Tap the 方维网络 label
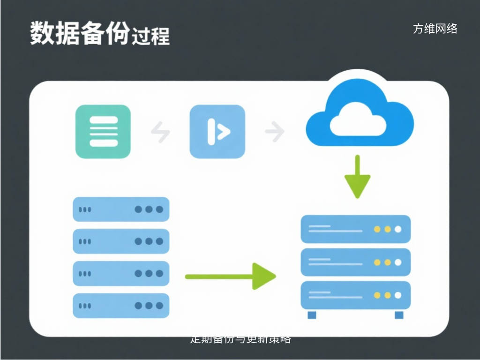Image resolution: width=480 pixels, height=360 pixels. [435, 29]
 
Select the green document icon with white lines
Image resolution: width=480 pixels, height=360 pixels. [103, 131]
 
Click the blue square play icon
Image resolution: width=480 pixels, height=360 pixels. [217, 131]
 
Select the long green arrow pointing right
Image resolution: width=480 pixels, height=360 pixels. [230, 276]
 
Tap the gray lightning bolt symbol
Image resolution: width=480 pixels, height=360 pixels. [160, 132]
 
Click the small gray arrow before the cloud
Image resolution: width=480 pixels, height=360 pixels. [275, 132]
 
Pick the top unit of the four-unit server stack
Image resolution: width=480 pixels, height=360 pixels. [121, 210]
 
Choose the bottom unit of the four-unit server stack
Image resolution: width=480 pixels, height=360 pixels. [121, 306]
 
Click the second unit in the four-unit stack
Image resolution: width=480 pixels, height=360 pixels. [121, 241]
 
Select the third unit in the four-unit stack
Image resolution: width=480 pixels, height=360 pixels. [121, 273]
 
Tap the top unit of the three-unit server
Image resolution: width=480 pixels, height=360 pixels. [355, 229]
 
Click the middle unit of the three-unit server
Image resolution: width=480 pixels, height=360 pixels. [355, 262]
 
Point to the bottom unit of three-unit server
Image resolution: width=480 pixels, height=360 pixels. [355, 295]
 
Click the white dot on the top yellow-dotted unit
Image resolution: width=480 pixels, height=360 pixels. [398, 229]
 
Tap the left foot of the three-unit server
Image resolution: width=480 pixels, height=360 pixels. [312, 315]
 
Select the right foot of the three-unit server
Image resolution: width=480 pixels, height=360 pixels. [399, 315]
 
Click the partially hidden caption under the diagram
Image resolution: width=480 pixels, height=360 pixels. [240, 339]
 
